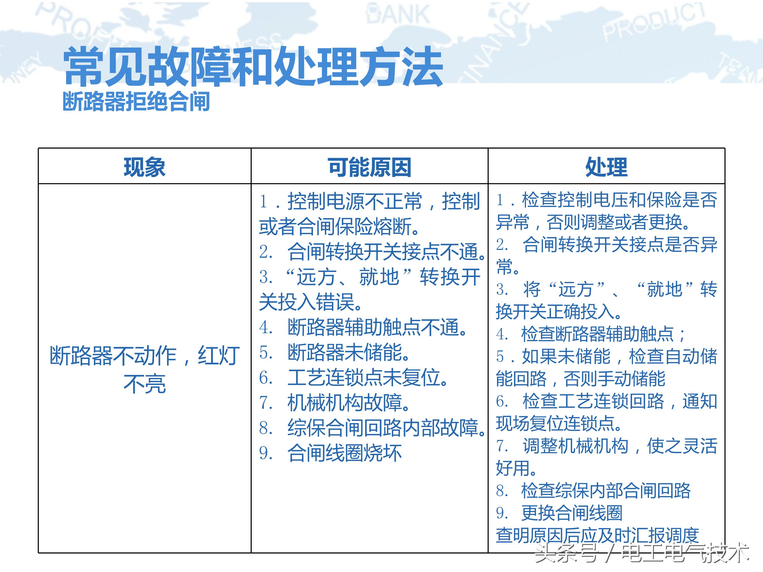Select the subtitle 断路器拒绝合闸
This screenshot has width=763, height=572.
pyautogui.click(x=136, y=102)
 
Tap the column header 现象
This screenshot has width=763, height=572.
pyautogui.click(x=144, y=167)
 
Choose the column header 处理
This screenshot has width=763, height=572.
pyautogui.click(x=606, y=167)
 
